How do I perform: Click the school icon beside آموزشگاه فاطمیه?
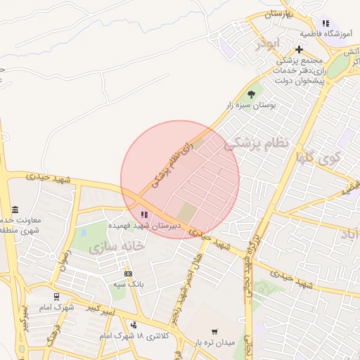tap(325, 23)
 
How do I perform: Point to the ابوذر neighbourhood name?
tap(268, 44)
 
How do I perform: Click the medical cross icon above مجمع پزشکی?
tap(300, 49)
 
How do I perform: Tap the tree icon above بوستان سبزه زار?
tap(251, 94)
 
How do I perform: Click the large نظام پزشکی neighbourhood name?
tap(257, 144)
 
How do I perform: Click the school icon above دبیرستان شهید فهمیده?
tap(143, 214)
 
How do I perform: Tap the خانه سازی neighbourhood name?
tap(116, 246)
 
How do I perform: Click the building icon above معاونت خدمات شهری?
tap(15, 210)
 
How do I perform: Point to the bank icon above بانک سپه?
tap(127, 274)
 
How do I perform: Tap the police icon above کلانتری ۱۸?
tap(134, 325)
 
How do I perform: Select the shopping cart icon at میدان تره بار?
tap(214, 332)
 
